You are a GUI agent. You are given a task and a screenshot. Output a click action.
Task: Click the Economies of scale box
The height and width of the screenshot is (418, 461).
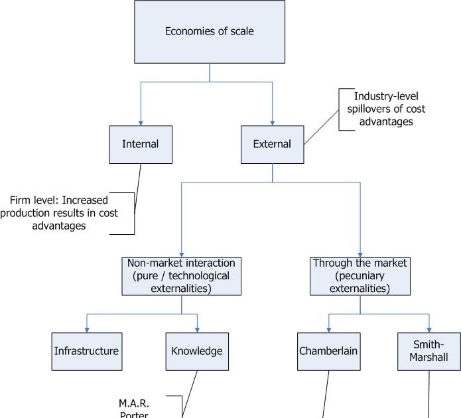click(210, 31)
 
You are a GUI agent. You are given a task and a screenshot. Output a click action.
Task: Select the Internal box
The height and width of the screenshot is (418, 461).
click(141, 144)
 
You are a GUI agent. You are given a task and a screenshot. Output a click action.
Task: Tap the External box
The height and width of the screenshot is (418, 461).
click(272, 144)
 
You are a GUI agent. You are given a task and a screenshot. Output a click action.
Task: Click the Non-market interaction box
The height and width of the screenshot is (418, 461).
click(180, 276)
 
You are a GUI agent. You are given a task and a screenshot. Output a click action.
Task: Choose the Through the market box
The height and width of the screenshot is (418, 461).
click(360, 276)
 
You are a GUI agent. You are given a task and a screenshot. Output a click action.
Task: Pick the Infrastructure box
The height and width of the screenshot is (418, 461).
click(86, 351)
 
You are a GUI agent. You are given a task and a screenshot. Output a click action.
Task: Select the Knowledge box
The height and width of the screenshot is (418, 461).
click(197, 351)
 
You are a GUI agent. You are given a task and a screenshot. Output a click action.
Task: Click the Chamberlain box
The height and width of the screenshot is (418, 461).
click(329, 351)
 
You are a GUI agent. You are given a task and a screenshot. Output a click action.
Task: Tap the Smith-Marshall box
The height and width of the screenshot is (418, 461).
click(429, 351)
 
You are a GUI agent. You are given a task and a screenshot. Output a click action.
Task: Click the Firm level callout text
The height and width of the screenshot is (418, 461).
click(63, 212)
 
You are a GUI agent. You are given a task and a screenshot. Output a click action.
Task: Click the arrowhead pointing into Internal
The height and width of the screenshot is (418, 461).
click(141, 122)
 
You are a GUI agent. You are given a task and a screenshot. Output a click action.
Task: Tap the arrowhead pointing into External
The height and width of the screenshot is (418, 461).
click(272, 122)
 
